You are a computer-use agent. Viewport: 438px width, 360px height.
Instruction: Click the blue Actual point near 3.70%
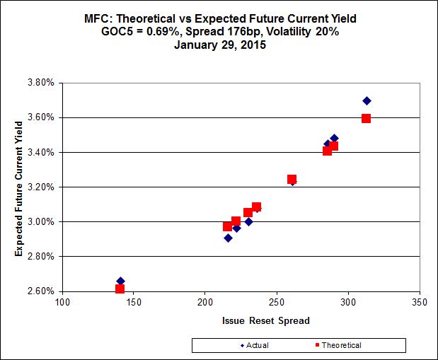click(x=367, y=101)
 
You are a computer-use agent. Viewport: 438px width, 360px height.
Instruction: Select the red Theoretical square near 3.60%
click(x=366, y=118)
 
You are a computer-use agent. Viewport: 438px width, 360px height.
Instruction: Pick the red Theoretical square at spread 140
click(x=120, y=289)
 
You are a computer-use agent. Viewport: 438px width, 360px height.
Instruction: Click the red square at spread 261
click(x=292, y=179)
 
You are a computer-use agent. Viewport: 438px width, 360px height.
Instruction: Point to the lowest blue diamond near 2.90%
click(x=228, y=238)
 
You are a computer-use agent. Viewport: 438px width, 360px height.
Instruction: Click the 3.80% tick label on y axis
click(x=41, y=83)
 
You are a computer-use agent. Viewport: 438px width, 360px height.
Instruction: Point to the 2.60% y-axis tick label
click(x=41, y=291)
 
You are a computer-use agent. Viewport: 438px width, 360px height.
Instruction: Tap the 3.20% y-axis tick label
click(x=41, y=187)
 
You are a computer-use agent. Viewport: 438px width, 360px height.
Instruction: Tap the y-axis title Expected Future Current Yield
click(x=21, y=187)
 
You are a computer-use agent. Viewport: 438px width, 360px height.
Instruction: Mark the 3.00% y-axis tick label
click(x=41, y=222)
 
